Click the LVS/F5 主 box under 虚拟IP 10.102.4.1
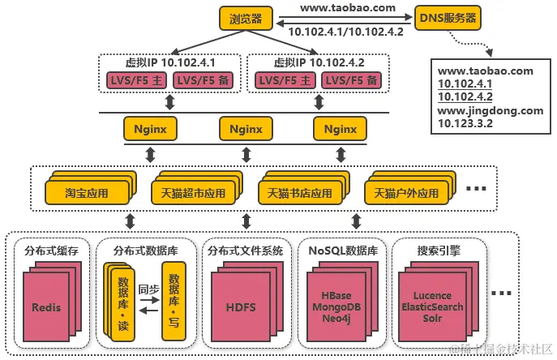click(137, 80)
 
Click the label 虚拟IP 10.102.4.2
click(319, 62)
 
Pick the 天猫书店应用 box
click(299, 194)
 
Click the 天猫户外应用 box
click(405, 194)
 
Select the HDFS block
click(240, 308)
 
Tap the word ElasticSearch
click(432, 307)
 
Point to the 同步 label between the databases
click(148, 289)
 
